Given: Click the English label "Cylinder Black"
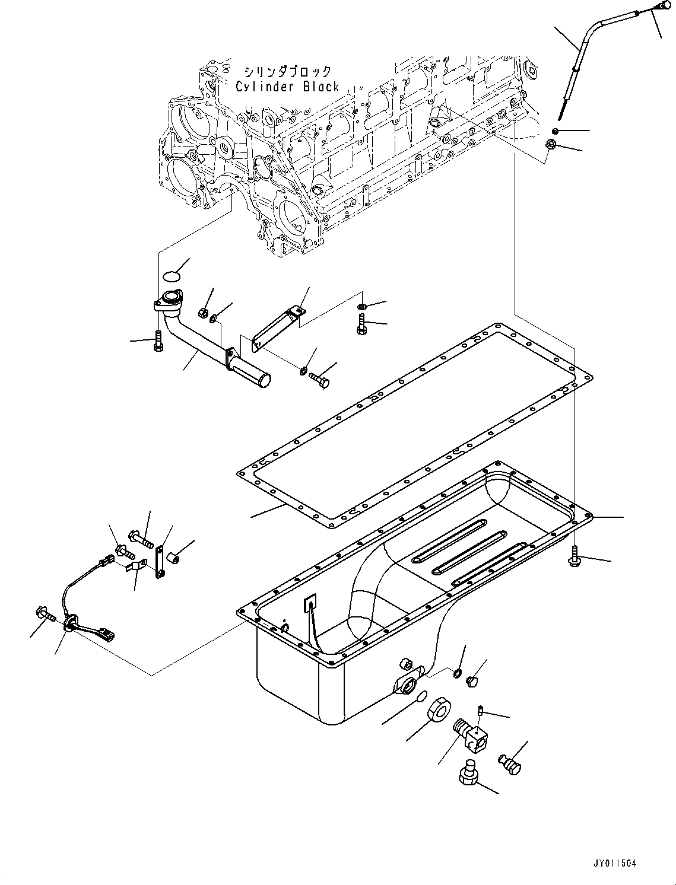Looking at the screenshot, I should tap(287, 87).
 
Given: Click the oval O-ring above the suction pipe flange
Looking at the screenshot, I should tap(171, 275).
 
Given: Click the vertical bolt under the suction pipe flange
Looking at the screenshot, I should tap(157, 340).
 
